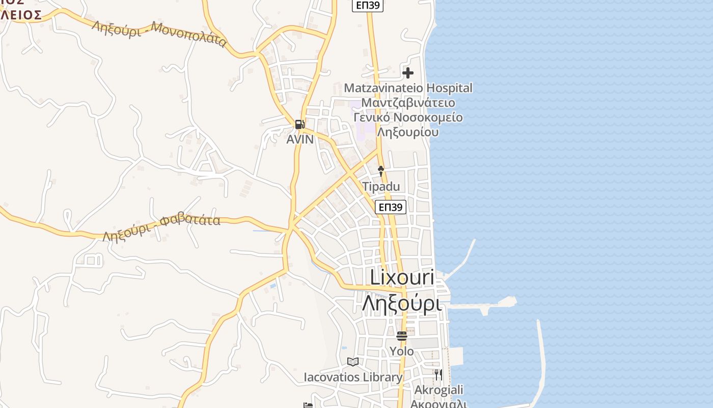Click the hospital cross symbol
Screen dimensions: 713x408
(408, 73)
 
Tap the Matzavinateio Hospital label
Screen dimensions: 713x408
(408, 88)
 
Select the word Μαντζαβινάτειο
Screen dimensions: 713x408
(408, 103)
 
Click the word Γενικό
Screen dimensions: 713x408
(372, 118)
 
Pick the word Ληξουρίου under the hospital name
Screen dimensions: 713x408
(408, 132)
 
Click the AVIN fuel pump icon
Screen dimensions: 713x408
(299, 124)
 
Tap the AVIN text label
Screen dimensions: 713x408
(300, 139)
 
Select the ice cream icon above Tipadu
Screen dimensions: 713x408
(381, 171)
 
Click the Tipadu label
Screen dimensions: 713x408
(381, 187)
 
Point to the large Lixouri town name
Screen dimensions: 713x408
(402, 278)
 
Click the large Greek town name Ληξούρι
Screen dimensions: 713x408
(401, 303)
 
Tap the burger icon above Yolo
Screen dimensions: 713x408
(402, 336)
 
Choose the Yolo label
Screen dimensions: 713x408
(402, 351)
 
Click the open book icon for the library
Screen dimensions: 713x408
(353, 362)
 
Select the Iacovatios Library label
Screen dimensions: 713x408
(353, 377)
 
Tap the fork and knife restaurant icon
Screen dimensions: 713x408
(438, 375)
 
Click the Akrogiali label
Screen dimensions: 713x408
(439, 390)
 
